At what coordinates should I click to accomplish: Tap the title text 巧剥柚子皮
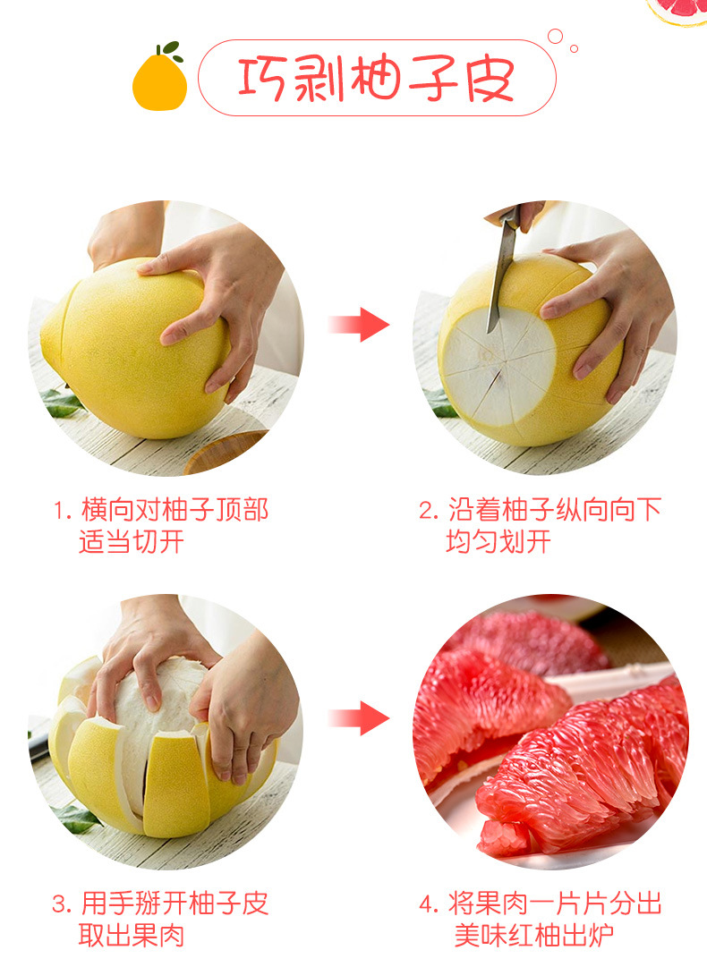(x=376, y=80)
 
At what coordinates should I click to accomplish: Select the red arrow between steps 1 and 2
(x=358, y=324)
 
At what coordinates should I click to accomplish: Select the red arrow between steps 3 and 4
(x=358, y=717)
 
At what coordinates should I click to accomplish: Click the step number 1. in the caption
(x=62, y=512)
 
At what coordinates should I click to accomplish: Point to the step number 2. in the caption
(x=430, y=512)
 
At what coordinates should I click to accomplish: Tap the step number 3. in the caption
(x=62, y=904)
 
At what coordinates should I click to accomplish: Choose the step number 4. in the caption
(x=430, y=904)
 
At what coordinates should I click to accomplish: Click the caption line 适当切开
(x=132, y=542)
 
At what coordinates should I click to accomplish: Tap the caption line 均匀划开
(x=498, y=542)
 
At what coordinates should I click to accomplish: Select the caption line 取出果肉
(x=132, y=936)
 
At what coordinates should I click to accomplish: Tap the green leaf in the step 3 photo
(x=73, y=817)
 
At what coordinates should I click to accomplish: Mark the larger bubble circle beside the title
(x=555, y=37)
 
